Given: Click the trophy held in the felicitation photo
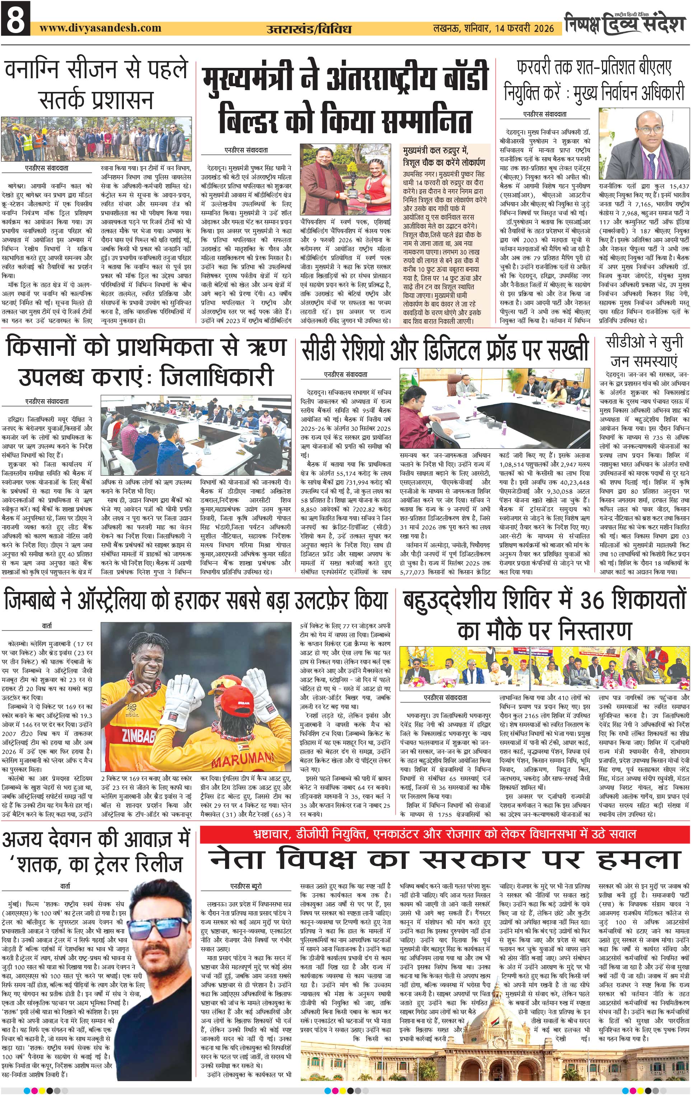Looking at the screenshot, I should tap(352, 189).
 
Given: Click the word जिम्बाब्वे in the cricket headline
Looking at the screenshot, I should tap(32, 601).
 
